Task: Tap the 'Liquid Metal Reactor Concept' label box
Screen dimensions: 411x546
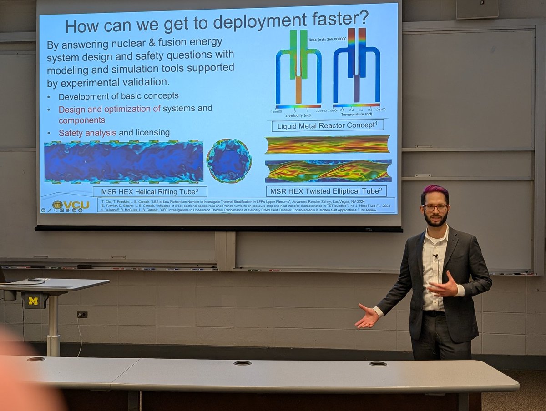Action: (327, 125)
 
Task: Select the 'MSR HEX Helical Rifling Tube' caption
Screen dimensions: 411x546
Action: (150, 191)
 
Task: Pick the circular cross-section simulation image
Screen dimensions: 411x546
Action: (228, 161)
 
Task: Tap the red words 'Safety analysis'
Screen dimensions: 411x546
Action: (87, 133)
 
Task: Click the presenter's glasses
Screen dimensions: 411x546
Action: (435, 207)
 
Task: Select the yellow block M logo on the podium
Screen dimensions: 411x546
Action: (33, 301)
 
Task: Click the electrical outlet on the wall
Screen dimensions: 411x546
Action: (82, 315)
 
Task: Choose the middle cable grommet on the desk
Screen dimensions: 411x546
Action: (242, 363)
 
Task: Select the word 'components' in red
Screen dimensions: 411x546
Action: (81, 120)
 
